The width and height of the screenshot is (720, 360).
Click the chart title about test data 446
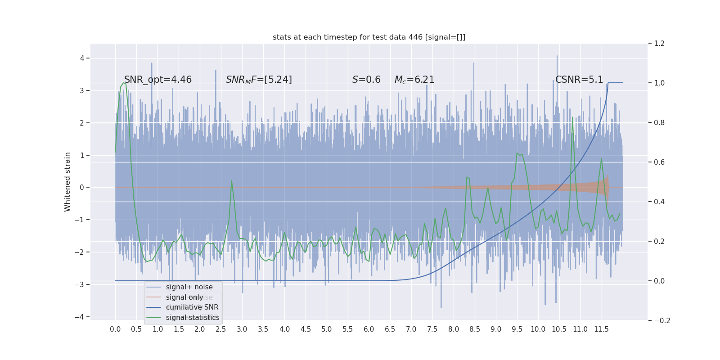[x=369, y=37]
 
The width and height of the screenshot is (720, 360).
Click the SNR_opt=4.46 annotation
[x=158, y=80]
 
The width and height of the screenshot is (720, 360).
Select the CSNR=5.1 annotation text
[x=579, y=80]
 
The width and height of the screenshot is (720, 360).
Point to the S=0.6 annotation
[x=366, y=80]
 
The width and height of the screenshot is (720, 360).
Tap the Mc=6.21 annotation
[x=414, y=80]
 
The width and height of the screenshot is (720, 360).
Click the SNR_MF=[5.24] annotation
[x=259, y=80]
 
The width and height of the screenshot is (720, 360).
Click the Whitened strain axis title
[x=67, y=182]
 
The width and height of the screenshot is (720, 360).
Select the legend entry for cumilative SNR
[x=192, y=307]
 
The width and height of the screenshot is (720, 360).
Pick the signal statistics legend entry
[x=193, y=318]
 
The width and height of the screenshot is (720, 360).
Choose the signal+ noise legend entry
[x=189, y=287]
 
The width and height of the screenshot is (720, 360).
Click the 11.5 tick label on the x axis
[x=601, y=329]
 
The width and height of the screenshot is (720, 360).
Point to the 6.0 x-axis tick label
[x=369, y=329]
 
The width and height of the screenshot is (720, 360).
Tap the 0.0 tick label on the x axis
[x=115, y=329]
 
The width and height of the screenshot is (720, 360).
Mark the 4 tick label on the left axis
[x=82, y=58]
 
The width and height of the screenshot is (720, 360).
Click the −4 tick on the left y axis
[x=80, y=317]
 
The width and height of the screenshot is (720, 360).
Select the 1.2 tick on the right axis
[x=659, y=44]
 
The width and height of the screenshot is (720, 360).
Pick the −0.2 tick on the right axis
[x=662, y=320]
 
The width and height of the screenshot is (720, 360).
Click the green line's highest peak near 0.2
[x=124, y=83]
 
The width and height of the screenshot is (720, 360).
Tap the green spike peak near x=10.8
[x=573, y=117]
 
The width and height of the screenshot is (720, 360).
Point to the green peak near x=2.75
[x=232, y=181]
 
